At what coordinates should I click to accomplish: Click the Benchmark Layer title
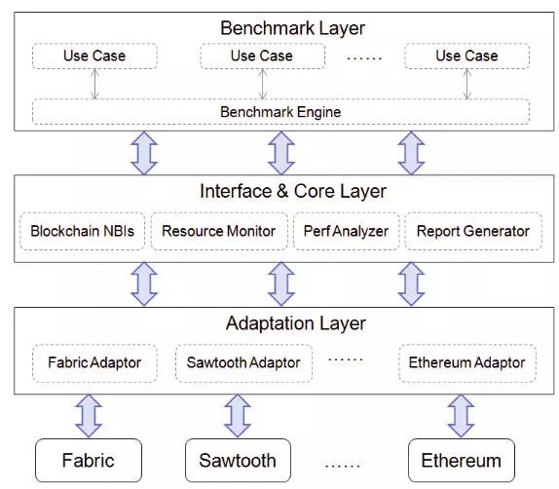(x=292, y=28)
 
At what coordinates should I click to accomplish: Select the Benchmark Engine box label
(x=280, y=112)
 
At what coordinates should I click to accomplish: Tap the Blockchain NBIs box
(x=83, y=231)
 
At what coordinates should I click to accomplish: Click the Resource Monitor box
(x=219, y=231)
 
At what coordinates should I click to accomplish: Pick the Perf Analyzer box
(x=346, y=231)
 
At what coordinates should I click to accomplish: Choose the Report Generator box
(x=473, y=231)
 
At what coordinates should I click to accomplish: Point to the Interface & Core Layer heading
(x=293, y=191)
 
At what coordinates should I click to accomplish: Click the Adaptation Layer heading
(x=296, y=323)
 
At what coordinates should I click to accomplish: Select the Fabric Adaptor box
(x=94, y=363)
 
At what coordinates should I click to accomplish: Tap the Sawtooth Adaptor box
(x=243, y=363)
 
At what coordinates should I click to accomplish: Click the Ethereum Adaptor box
(x=467, y=363)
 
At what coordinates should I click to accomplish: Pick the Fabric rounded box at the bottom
(x=89, y=460)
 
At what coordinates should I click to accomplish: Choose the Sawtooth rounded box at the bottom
(x=238, y=460)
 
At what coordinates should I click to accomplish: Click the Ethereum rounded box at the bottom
(x=462, y=460)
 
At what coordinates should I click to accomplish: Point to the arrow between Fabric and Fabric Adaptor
(x=89, y=416)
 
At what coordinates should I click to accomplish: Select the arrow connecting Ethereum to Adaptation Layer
(x=461, y=416)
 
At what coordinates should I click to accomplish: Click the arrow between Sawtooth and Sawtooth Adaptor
(x=238, y=416)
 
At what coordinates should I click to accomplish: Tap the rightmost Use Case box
(x=467, y=56)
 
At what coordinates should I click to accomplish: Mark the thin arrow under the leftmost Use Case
(x=94, y=84)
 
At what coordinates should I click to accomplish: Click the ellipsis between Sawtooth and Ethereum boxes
(x=342, y=465)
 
